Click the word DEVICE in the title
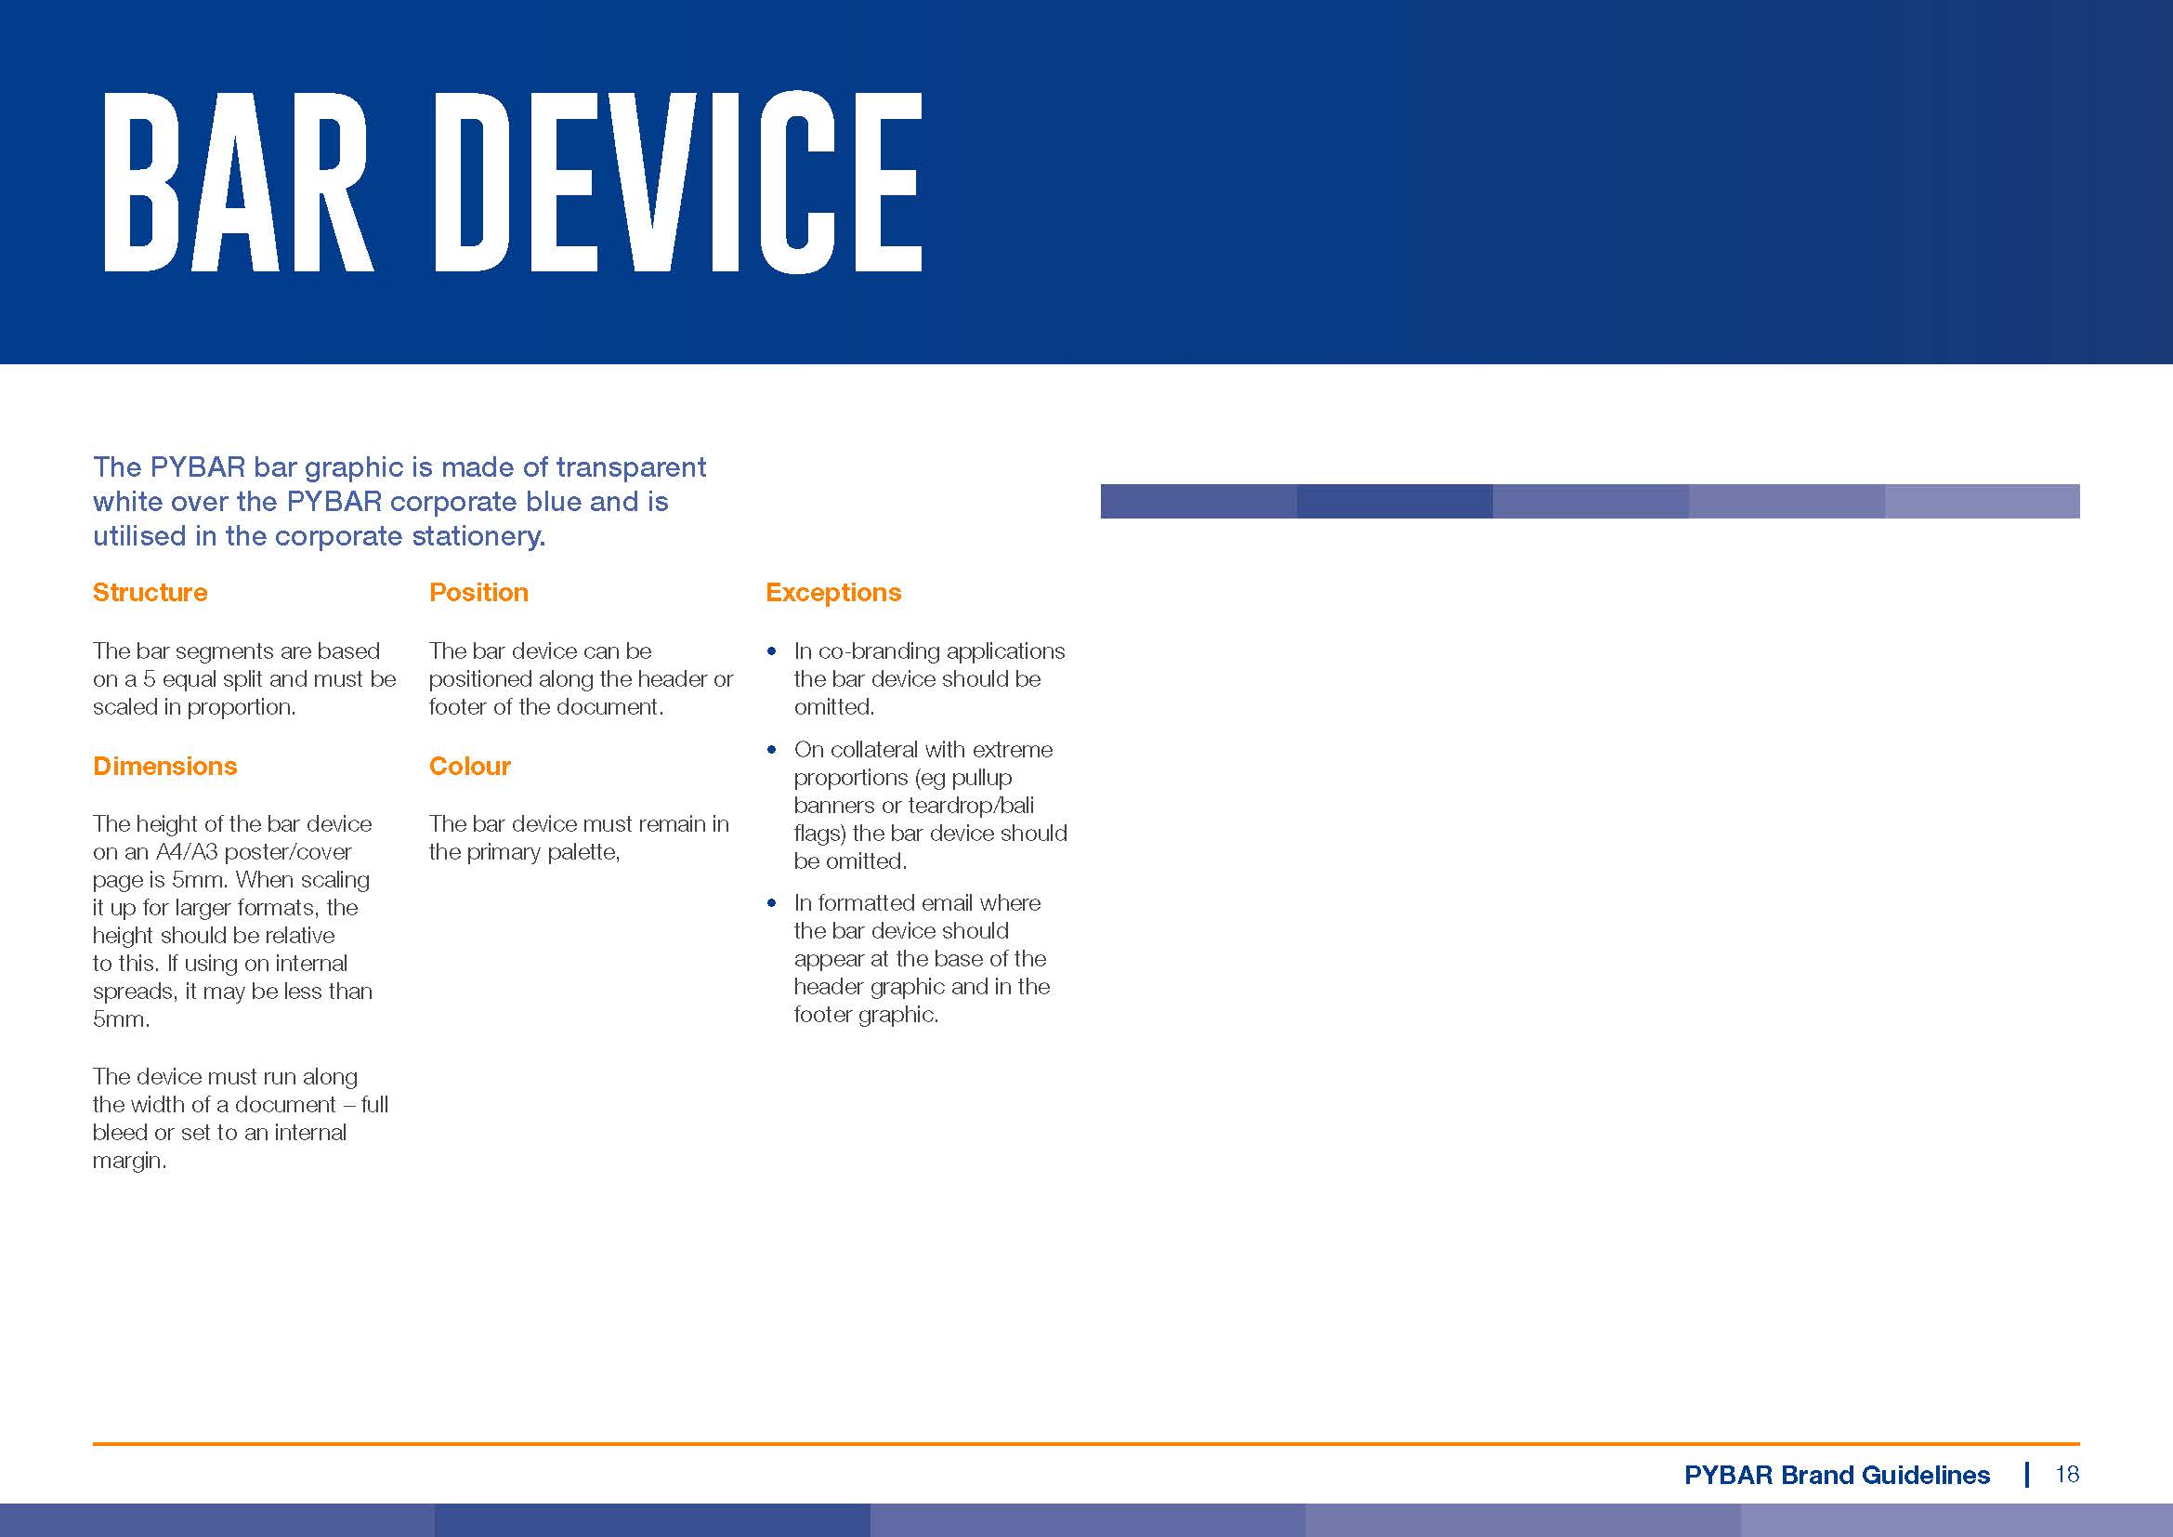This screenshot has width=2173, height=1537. coord(677,182)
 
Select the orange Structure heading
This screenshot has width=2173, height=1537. coord(150,593)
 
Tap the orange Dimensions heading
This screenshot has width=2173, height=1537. coord(164,766)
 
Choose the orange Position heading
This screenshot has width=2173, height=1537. coord(478,593)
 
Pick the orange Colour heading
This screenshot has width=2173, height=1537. coord(469,766)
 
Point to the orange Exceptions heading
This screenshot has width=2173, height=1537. coord(832,593)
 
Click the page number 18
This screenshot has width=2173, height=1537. coord(2067,1475)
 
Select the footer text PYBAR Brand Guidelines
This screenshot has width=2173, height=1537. coord(1837,1475)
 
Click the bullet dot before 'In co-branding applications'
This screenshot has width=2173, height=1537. coord(772,651)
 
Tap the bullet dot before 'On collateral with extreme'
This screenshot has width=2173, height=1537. coord(772,750)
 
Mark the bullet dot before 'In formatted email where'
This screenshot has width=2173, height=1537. coord(772,903)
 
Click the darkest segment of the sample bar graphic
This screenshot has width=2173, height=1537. coord(1394,502)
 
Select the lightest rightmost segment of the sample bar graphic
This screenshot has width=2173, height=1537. coord(1982,502)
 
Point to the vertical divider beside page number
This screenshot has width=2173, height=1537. coord(2026,1475)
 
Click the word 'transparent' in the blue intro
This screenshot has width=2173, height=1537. coord(630,467)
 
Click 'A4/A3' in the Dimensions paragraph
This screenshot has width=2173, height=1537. coord(187,852)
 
